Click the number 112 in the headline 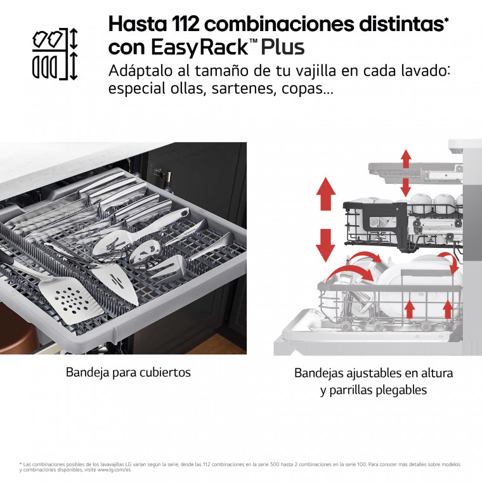pyautogui.click(x=185, y=24)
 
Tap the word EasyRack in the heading pyautogui.click(x=200, y=48)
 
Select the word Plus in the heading pyautogui.click(x=283, y=47)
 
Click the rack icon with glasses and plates pyautogui.click(x=55, y=54)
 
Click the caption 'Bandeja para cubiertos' pyautogui.click(x=129, y=372)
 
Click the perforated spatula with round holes pyautogui.click(x=71, y=300)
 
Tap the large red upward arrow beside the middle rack pyautogui.click(x=326, y=194)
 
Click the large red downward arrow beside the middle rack pyautogui.click(x=326, y=245)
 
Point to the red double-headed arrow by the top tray pyautogui.click(x=406, y=173)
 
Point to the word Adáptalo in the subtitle pyautogui.click(x=141, y=71)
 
